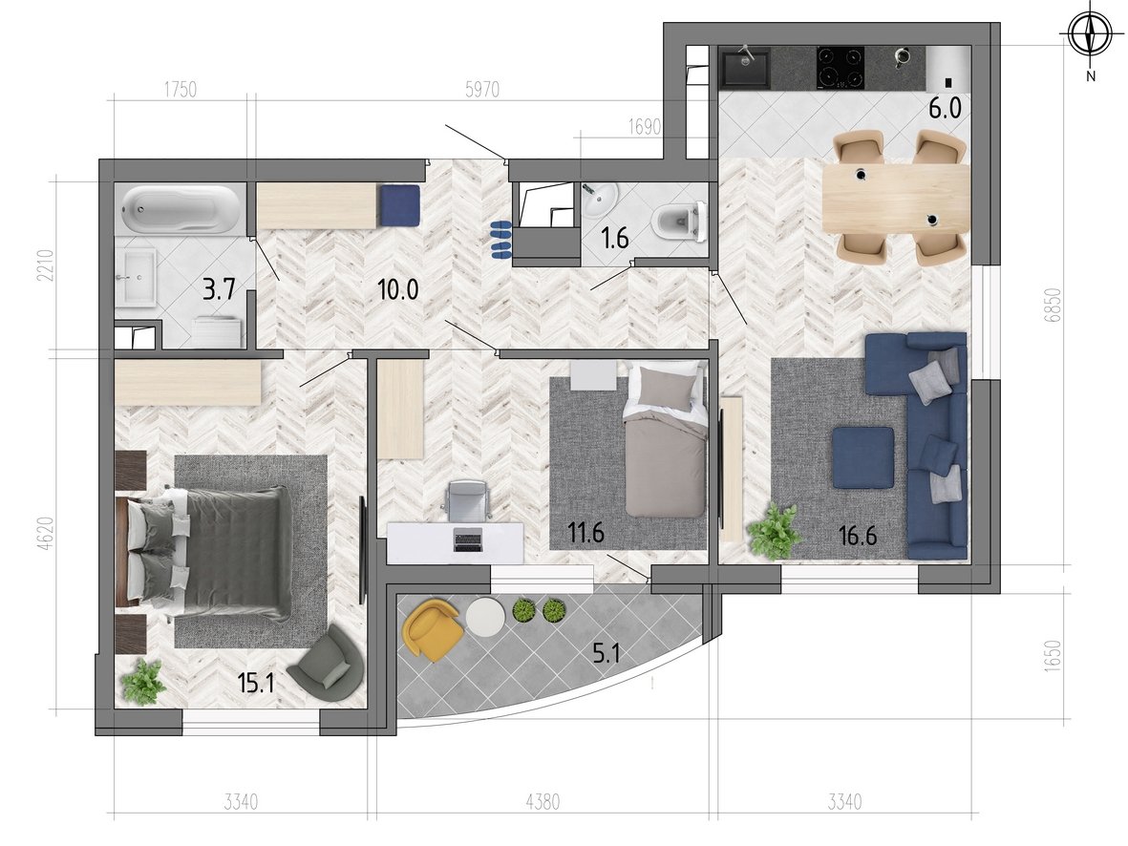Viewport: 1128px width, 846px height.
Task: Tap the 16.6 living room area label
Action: (x=858, y=536)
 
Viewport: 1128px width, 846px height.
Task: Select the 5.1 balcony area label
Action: (x=607, y=653)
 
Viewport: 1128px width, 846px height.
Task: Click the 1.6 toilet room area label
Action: (x=615, y=238)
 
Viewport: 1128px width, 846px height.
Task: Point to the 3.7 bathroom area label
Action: (x=219, y=290)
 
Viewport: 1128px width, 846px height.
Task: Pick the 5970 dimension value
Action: (x=482, y=89)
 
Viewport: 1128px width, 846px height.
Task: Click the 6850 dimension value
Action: (x=1054, y=305)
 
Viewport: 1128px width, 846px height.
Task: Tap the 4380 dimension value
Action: (x=543, y=801)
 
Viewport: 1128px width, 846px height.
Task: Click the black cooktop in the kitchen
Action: (x=841, y=68)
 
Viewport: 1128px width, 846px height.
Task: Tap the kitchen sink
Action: (x=745, y=66)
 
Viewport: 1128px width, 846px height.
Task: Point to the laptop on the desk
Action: (x=468, y=539)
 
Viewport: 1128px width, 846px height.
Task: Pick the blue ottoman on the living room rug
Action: (x=863, y=457)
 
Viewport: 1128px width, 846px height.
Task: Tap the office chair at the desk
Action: (x=468, y=501)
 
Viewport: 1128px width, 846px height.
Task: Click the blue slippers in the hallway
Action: (x=500, y=240)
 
